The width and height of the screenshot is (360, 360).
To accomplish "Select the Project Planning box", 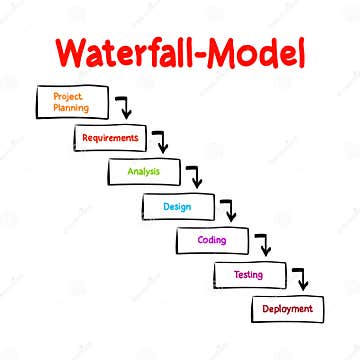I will tap(71, 101).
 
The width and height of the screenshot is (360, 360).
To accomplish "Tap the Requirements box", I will tap(111, 137).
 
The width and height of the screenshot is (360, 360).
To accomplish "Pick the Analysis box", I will tap(144, 171).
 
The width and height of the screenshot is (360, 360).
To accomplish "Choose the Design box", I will tap(179, 206).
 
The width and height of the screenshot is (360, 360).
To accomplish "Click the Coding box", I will tap(212, 240).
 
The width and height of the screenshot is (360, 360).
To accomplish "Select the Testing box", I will tap(248, 274).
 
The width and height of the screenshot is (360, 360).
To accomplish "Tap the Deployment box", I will tap(287, 309).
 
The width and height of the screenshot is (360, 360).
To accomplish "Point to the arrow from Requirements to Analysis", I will tap(160, 141).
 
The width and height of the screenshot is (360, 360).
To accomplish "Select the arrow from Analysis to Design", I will tap(195, 177).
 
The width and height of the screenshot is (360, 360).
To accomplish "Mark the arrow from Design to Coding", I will tap(229, 211).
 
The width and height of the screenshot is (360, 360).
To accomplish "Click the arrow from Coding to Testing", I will tap(263, 245).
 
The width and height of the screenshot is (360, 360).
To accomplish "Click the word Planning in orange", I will tap(71, 106).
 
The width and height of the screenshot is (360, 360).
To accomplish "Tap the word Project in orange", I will tap(68, 95).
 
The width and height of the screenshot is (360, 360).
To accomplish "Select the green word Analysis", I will tap(144, 171).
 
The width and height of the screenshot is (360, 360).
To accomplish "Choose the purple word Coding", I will tap(212, 240).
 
